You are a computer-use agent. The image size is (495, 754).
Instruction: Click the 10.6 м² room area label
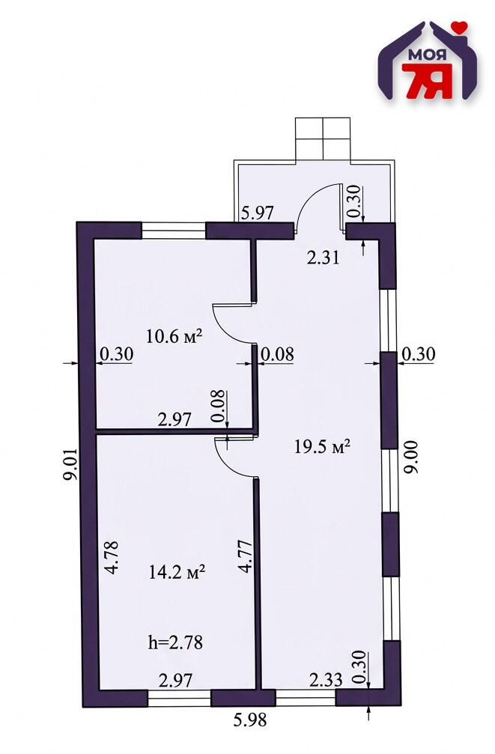pos(173,336)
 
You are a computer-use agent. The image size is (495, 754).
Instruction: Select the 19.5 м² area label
pos(321,447)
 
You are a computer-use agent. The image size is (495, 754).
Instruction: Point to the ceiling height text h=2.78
pos(175,642)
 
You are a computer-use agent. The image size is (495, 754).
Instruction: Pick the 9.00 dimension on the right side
pos(411,457)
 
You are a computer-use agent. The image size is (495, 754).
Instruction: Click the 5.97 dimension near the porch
pos(258,212)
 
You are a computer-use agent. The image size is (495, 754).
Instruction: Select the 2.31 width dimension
pos(324,258)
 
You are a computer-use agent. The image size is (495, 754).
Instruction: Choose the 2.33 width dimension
pos(327,679)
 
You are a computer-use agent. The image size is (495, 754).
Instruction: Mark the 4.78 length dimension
pos(112,558)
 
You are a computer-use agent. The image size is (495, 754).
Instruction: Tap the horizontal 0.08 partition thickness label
pos(277,354)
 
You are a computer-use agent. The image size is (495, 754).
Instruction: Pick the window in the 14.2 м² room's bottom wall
pos(179,698)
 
